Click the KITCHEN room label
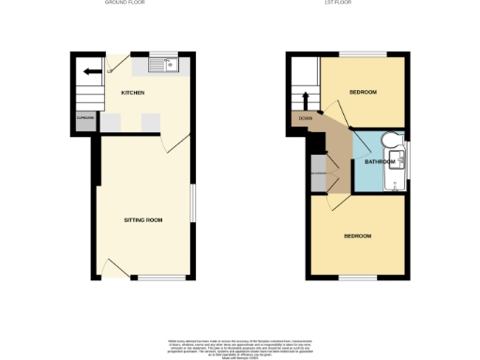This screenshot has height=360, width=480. tap(131, 93)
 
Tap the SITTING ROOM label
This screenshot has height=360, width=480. tap(143, 219)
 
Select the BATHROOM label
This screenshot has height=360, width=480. tap(380, 162)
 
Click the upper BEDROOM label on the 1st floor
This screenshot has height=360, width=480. tap(363, 92)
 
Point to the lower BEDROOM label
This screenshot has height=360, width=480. tap(357, 235)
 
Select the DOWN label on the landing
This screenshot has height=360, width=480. tap(306, 119)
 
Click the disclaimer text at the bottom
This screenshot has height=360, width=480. tap(240, 348)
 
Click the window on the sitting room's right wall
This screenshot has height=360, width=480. tap(195, 203)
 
